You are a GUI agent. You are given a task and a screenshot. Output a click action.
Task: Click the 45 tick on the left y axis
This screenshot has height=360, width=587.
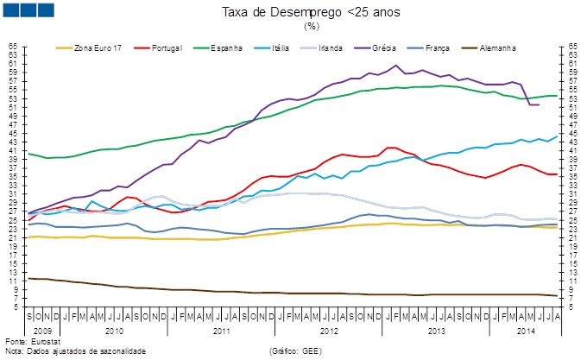pyautogui.click(x=12, y=133)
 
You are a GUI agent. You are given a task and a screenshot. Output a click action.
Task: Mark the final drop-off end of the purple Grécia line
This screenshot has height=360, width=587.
pyautogui.click(x=539, y=104)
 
